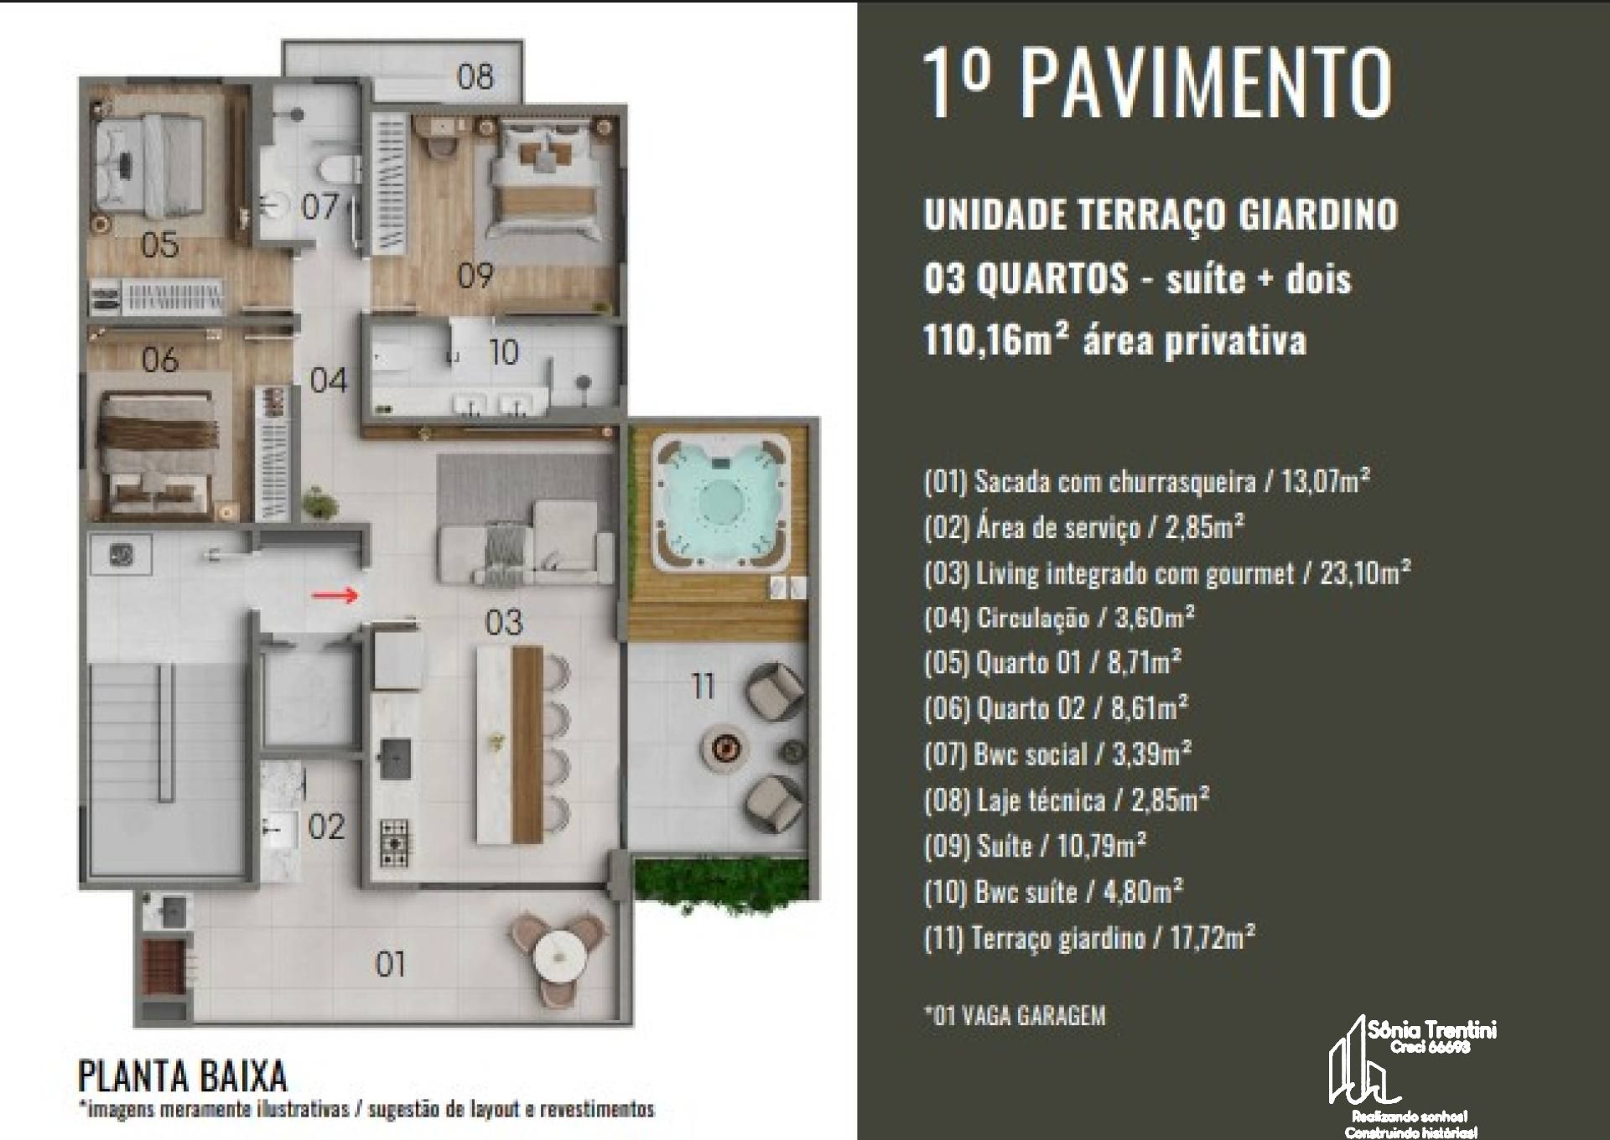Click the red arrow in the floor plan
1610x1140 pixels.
(x=335, y=595)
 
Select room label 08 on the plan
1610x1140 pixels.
(x=475, y=76)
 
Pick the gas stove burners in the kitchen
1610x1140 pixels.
(x=394, y=842)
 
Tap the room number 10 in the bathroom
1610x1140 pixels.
(x=504, y=352)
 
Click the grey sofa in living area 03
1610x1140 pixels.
(x=525, y=543)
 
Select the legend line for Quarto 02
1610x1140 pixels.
(x=1056, y=709)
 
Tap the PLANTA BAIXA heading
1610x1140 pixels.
(x=182, y=1075)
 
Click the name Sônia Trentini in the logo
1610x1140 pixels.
(x=1431, y=1030)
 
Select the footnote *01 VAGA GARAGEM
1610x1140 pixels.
(x=1015, y=1016)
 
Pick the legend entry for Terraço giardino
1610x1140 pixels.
(x=1089, y=936)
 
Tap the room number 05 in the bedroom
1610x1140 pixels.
(x=159, y=245)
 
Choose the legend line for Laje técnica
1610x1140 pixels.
(x=1067, y=801)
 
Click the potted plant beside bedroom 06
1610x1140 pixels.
(x=319, y=503)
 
